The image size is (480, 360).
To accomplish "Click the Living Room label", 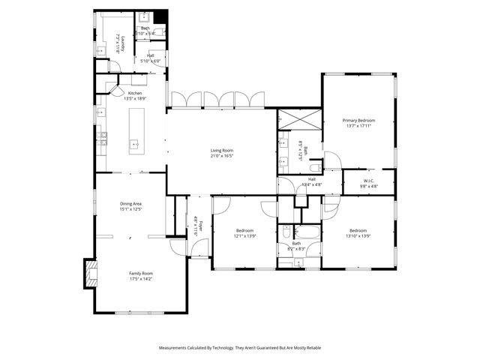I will click(x=222, y=151).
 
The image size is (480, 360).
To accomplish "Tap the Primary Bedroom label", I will click(x=358, y=120).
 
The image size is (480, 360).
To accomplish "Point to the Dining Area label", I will click(x=131, y=203).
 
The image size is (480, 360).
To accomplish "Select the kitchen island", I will click(x=136, y=130).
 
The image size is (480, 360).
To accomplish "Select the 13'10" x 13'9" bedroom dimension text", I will click(x=358, y=236).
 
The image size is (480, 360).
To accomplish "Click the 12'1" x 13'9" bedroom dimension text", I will click(x=245, y=236).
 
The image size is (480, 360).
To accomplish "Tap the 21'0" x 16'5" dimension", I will click(x=222, y=156).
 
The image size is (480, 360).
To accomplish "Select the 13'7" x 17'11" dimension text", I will click(x=358, y=126).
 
